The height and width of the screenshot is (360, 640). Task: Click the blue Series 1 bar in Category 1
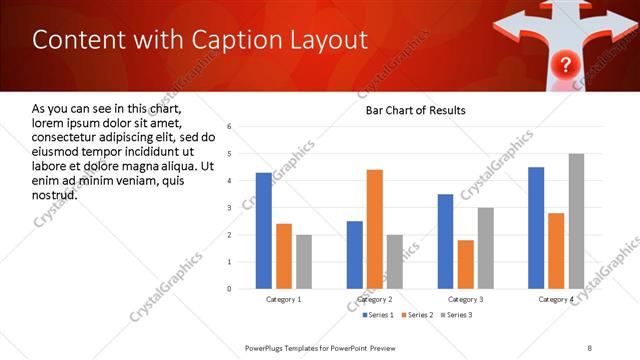tap(263, 231)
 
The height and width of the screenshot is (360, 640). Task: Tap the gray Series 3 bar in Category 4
tap(576, 221)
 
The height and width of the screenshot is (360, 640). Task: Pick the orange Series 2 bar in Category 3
tap(466, 264)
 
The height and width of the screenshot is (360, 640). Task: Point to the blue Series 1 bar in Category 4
tap(536, 228)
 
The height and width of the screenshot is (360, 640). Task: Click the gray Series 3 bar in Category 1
tap(303, 262)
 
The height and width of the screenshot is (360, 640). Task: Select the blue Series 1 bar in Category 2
tap(355, 255)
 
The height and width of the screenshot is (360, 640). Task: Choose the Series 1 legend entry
tap(378, 315)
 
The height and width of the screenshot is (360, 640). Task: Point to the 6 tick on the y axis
tap(230, 127)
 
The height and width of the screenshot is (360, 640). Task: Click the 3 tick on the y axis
tap(230, 208)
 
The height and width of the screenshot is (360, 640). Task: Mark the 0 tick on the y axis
tap(230, 289)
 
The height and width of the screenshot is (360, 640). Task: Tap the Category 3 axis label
tap(466, 299)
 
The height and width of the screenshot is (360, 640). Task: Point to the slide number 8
tap(589, 347)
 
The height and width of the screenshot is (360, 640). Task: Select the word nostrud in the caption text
tap(55, 193)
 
